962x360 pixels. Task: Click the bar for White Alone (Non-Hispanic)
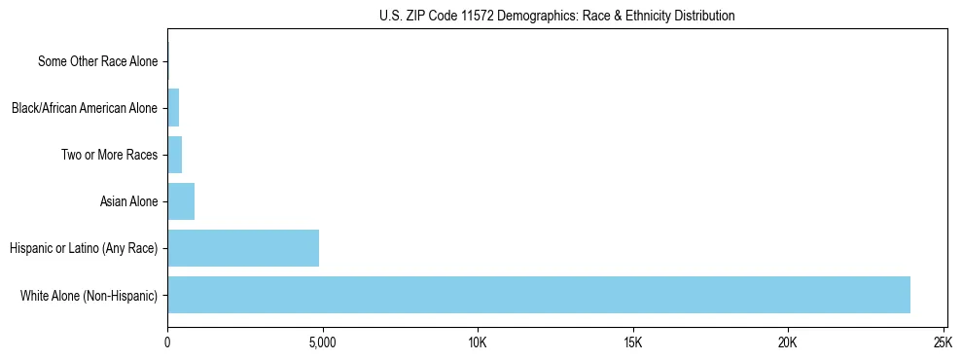point(539,295)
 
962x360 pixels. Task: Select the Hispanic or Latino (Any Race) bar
point(243,248)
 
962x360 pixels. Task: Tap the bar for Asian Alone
point(181,201)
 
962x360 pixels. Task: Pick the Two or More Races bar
point(175,155)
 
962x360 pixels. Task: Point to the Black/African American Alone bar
point(173,108)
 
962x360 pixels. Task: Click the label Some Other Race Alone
point(97,61)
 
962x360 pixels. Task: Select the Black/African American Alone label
point(85,108)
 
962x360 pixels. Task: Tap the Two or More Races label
point(109,155)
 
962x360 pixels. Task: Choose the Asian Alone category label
point(128,201)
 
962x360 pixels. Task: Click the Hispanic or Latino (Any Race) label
point(84,248)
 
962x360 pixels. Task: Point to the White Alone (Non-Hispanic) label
point(89,295)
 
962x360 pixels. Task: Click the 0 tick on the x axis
point(167,342)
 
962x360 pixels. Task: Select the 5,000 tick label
point(322,342)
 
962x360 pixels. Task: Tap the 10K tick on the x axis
point(478,342)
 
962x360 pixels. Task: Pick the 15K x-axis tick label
point(632,342)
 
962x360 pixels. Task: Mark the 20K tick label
point(788,342)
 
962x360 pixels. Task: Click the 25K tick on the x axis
point(943,342)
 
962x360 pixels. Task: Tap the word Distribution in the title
point(705,16)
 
